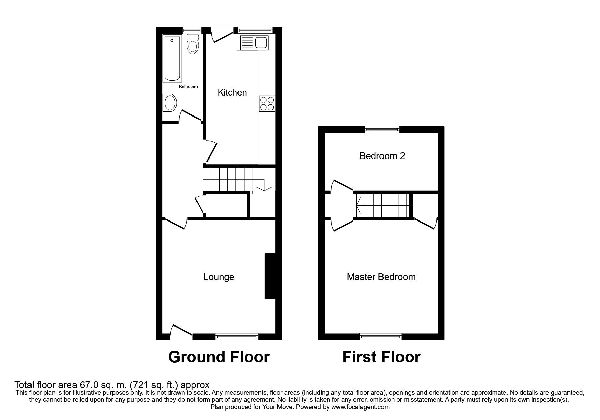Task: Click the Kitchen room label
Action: pyautogui.click(x=232, y=92)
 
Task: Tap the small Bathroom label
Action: pyautogui.click(x=188, y=87)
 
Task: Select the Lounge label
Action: pyautogui.click(x=219, y=277)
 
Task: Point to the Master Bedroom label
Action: pyautogui.click(x=381, y=277)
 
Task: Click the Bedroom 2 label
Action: pyautogui.click(x=382, y=156)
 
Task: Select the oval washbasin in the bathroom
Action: pyautogui.click(x=169, y=103)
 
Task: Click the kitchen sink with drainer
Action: pyautogui.click(x=254, y=43)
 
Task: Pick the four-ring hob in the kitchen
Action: pyautogui.click(x=267, y=104)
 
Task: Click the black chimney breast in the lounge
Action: pyautogui.click(x=270, y=276)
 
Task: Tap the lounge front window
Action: pyautogui.click(x=236, y=336)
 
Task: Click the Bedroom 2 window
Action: pyautogui.click(x=382, y=129)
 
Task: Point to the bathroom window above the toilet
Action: pyautogui.click(x=192, y=30)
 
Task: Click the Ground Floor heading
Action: pyautogui.click(x=219, y=357)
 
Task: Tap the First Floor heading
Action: pyautogui.click(x=381, y=357)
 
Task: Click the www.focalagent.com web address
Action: pyautogui.click(x=360, y=407)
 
